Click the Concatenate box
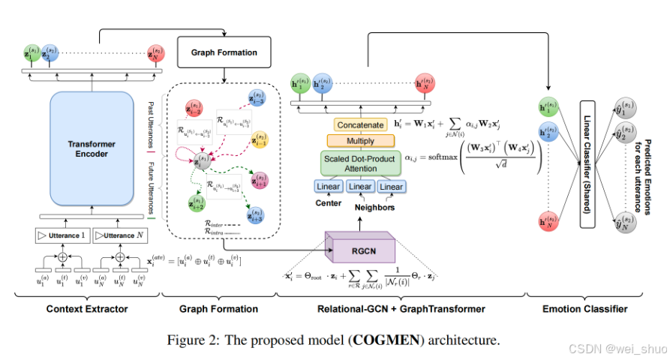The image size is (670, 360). pos(350,124)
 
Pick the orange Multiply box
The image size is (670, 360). pos(350,141)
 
